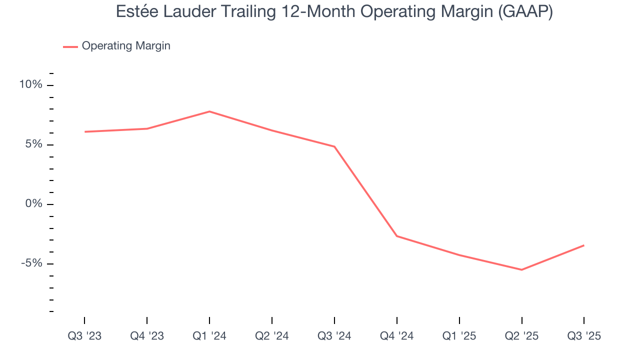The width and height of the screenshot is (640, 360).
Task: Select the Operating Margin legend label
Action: click(126, 46)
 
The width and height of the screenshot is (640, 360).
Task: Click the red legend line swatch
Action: click(70, 46)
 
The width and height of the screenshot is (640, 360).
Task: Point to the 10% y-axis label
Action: click(30, 85)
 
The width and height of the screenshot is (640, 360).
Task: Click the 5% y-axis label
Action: click(33, 144)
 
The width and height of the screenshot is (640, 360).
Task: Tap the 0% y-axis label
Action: click(33, 204)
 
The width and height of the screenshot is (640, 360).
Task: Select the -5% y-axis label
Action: click(31, 263)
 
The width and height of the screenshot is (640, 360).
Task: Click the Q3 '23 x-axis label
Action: click(84, 336)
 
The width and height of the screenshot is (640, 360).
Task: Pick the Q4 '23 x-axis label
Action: click(147, 336)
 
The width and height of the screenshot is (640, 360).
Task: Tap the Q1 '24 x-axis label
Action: click(209, 336)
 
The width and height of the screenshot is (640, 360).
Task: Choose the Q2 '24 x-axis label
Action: click(272, 336)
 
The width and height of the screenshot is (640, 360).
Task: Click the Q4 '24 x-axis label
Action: click(397, 336)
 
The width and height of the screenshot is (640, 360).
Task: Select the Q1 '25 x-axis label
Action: click(459, 336)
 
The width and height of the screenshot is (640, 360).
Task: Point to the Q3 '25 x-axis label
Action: click(584, 336)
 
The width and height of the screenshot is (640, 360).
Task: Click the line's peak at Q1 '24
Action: click(209, 111)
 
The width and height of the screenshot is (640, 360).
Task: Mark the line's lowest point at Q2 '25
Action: click(521, 270)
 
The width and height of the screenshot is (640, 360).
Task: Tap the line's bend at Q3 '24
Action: click(334, 146)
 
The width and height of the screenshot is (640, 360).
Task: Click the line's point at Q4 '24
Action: click(397, 236)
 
